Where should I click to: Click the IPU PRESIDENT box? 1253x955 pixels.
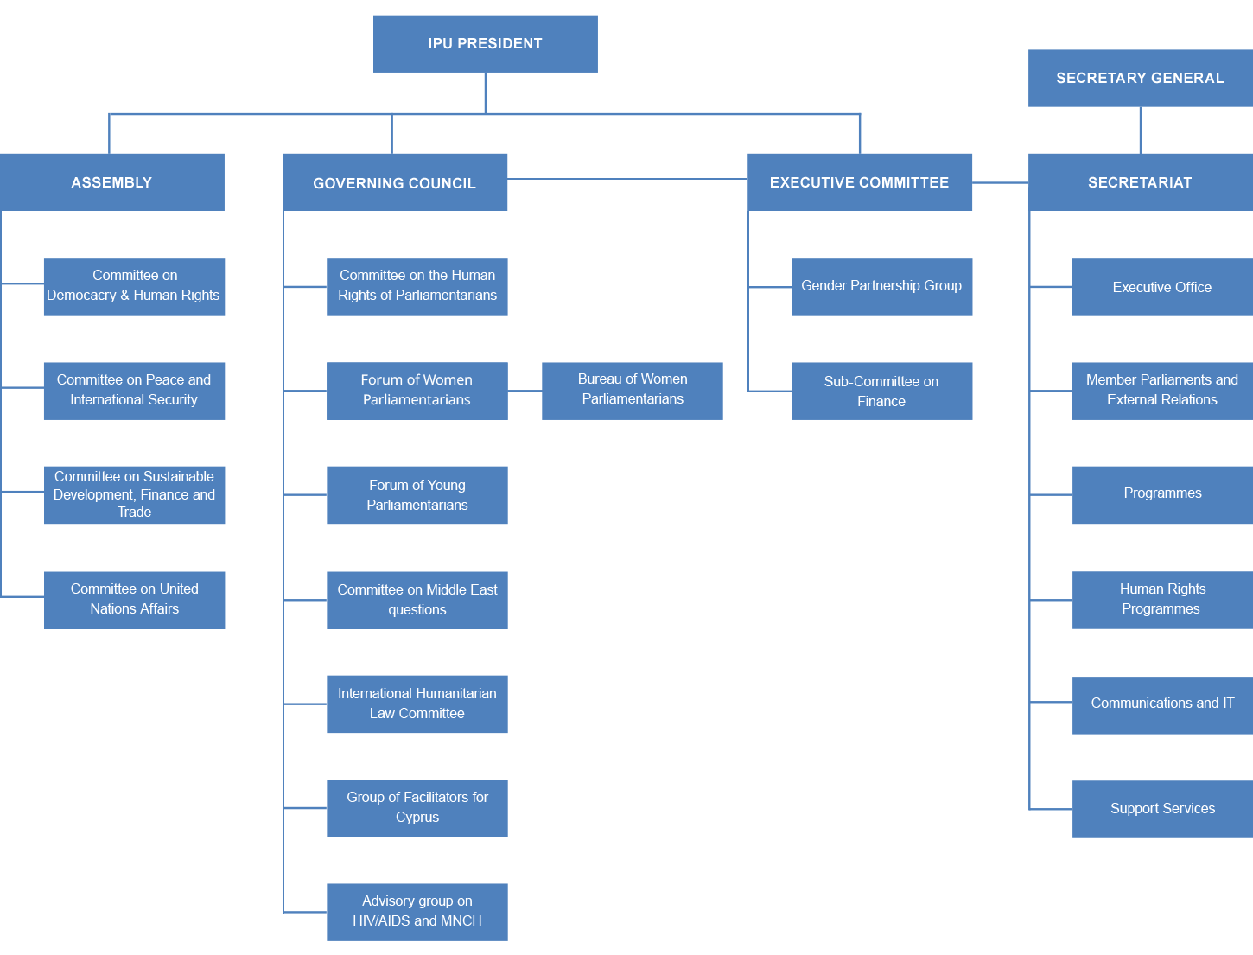click(485, 44)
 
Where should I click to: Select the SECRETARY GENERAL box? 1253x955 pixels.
click(1140, 78)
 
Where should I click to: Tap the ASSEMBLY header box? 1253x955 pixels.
click(112, 182)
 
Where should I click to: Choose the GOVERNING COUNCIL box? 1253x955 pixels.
click(395, 182)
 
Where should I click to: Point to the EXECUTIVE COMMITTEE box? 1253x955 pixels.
click(860, 182)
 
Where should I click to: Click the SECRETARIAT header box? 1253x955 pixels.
click(1140, 182)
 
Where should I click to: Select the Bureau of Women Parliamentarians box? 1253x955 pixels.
click(633, 391)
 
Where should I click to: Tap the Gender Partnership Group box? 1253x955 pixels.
click(881, 287)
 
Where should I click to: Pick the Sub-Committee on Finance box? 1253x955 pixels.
click(881, 391)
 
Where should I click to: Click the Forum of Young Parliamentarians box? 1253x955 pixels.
click(417, 495)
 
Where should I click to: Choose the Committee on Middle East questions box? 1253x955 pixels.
click(417, 600)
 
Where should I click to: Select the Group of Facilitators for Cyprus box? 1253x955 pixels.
click(417, 808)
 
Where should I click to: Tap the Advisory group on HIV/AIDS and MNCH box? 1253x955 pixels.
click(417, 912)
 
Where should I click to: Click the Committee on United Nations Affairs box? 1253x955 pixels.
click(135, 600)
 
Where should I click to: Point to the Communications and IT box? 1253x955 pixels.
click(1162, 704)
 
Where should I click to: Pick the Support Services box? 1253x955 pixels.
click(1162, 809)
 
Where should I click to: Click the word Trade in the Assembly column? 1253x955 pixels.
click(135, 513)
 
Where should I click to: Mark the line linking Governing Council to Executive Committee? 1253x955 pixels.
click(627, 180)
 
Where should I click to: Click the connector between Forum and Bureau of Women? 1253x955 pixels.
click(525, 391)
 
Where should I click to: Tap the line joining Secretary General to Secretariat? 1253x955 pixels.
click(1141, 130)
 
